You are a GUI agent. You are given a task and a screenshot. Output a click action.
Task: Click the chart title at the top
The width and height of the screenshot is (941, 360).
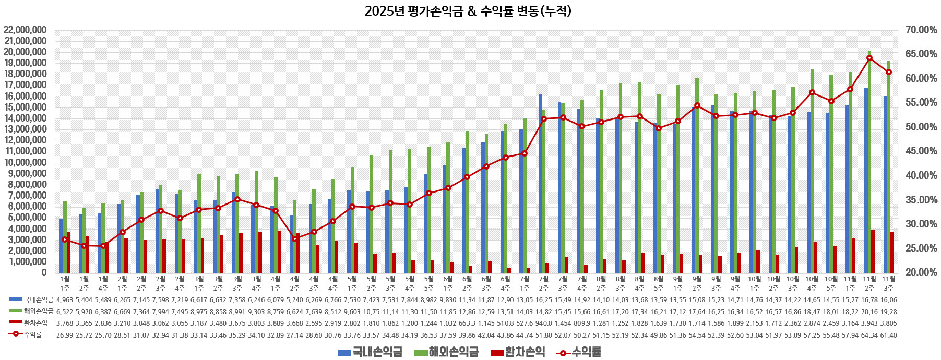coord(468,11)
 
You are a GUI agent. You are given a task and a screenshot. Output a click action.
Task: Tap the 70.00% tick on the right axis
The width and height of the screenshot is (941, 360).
coord(921,30)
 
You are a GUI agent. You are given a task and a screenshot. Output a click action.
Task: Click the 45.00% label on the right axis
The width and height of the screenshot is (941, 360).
coord(921,151)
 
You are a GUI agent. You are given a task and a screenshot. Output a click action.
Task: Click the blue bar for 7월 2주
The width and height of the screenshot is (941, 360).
coord(541,183)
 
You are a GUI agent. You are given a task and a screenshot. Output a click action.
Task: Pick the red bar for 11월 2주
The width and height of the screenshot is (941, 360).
coord(873,251)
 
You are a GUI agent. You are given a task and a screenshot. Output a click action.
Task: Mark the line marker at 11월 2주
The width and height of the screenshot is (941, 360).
coord(869,58)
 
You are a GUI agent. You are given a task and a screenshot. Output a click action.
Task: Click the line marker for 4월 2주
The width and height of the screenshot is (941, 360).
coord(295,238)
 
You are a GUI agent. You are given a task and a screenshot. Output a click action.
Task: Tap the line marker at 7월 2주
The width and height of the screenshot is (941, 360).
coord(544,118)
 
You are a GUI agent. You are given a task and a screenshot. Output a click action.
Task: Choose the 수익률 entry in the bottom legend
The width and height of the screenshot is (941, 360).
coord(579,352)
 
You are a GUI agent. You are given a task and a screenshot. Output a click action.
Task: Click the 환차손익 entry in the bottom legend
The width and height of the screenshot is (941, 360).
coord(518,352)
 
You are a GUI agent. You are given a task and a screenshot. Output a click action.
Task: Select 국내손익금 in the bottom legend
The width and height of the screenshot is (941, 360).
coord(370,352)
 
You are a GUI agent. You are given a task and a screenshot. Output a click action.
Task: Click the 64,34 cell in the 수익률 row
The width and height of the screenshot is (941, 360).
coord(869,335)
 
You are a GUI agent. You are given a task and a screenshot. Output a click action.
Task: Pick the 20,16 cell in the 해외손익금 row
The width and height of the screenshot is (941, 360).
coord(869,311)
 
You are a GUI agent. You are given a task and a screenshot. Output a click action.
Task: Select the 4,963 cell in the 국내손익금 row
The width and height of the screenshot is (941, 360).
coord(65,300)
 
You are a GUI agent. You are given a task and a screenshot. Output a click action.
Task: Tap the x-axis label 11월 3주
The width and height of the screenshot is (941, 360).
coord(889,283)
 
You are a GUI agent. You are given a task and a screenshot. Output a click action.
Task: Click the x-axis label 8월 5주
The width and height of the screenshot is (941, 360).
coord(659,283)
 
